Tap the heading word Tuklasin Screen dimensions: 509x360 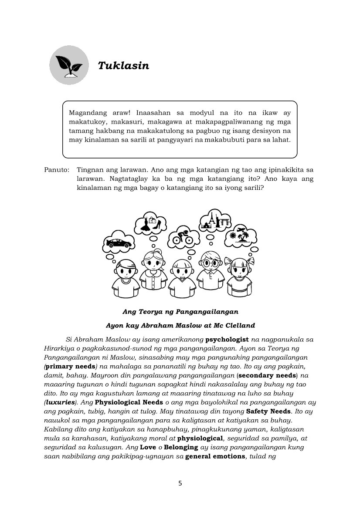pos(123,66)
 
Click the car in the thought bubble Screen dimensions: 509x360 pos(118,243)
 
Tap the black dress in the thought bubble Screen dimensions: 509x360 pos(146,224)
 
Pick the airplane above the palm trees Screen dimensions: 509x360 pos(241,229)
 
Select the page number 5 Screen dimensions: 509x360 pos(180,483)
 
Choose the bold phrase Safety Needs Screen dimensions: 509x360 pos(268,411)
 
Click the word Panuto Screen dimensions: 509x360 pos(56,170)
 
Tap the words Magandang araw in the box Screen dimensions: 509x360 pos(97,112)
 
